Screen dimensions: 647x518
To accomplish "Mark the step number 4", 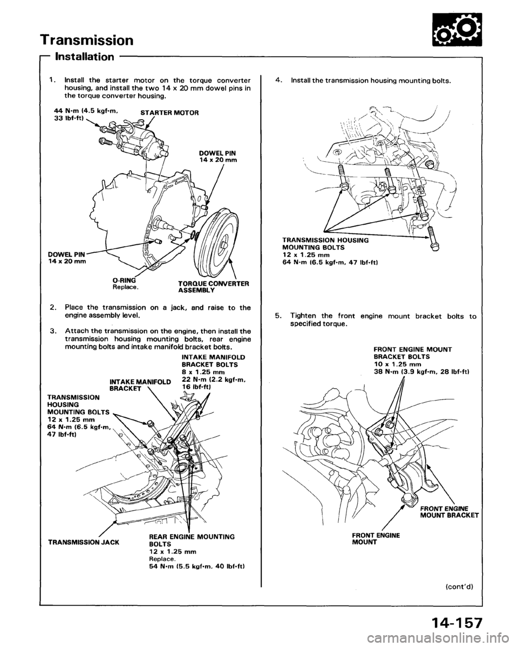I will pyautogui.click(x=278, y=80).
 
